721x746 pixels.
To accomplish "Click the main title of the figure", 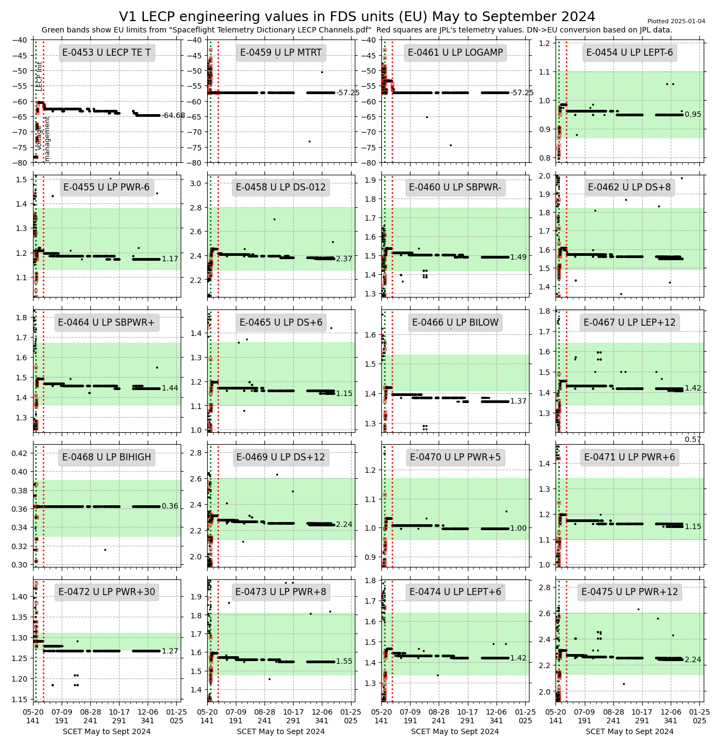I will [x=357, y=17].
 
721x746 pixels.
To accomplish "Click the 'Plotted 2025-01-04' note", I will [x=676, y=22].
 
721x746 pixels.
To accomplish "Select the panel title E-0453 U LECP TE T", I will [x=107, y=52].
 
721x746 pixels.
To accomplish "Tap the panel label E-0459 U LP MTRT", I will [x=281, y=52].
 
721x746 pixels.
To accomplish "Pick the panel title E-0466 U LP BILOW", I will [x=455, y=322].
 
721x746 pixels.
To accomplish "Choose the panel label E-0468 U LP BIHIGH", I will [x=107, y=457].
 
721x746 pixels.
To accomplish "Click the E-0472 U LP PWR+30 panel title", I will [x=107, y=592].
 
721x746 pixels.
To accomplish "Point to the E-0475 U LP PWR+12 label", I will [x=630, y=592].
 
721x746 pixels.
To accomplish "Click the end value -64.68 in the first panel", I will [x=173, y=115].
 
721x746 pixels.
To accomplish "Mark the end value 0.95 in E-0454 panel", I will [x=693, y=115].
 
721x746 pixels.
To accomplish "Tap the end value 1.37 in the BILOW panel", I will [x=518, y=401].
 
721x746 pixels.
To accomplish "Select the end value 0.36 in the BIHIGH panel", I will [x=170, y=506].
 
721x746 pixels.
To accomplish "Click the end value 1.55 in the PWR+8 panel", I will [x=344, y=661].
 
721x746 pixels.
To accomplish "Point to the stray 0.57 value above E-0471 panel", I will [x=693, y=439].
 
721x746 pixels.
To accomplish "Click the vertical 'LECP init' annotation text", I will [x=39, y=76].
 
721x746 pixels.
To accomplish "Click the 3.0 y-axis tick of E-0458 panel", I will [x=198, y=183].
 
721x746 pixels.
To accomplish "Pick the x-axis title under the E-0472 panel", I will [x=107, y=731].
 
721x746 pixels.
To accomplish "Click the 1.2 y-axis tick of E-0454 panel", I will [x=545, y=43].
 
